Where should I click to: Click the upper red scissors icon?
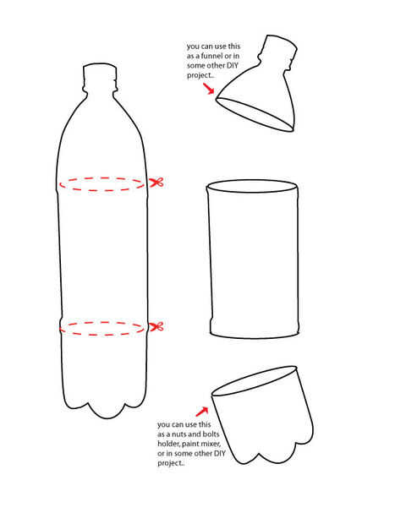tap(156, 183)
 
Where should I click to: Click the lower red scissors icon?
tap(156, 326)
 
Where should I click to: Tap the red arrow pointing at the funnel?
tap(208, 89)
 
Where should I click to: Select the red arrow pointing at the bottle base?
tap(201, 412)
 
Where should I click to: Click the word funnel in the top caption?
tap(211, 56)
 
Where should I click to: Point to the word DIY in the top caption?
tap(233, 65)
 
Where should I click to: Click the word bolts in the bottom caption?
tap(211, 434)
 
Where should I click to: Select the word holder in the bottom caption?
tap(169, 444)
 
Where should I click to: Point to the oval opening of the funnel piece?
tap(255, 114)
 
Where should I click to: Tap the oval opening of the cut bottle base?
tap(255, 380)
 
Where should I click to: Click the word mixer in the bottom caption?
tap(212, 444)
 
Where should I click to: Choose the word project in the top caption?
tap(200, 75)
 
